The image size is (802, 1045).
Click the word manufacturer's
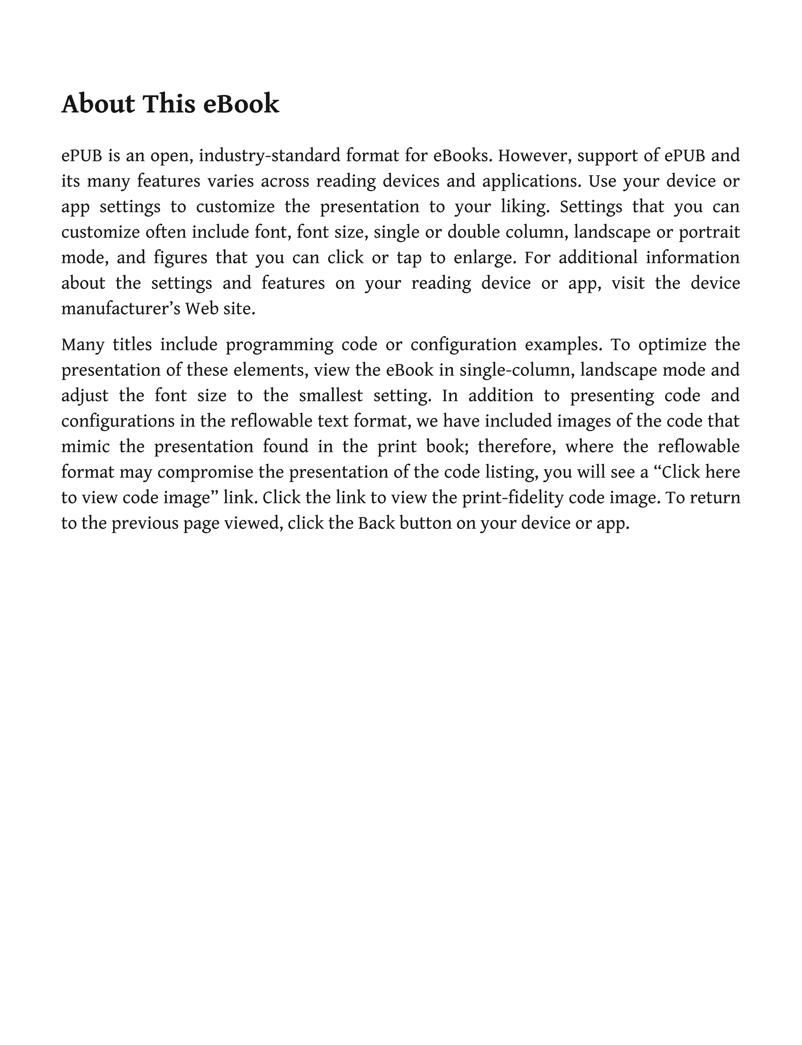coord(121,309)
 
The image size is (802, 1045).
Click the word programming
coord(279,345)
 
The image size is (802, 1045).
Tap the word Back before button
coord(376,524)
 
